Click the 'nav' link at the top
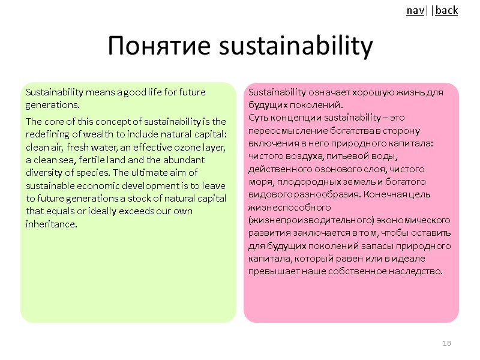tap(414, 10)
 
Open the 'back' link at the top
tap(446, 10)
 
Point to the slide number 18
tap(446, 343)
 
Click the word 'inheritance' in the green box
tap(52, 224)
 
